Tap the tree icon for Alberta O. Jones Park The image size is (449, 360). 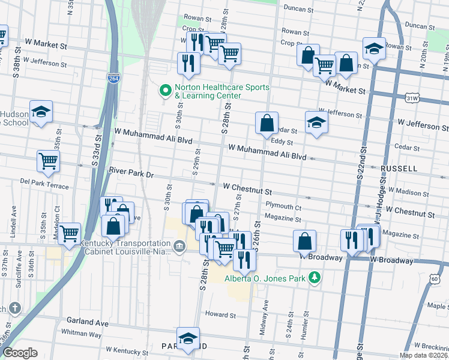point(313,277)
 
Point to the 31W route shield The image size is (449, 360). point(412,97)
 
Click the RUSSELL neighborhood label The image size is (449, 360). point(398,169)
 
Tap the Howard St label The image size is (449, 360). point(220,314)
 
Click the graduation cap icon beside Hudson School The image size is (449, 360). point(41,112)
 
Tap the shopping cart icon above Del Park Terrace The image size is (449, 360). point(48,160)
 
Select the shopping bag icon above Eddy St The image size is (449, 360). point(267,122)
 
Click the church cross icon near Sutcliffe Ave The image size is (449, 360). point(14,308)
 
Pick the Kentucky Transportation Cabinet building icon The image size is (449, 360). point(179,247)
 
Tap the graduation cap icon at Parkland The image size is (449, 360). point(188,338)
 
